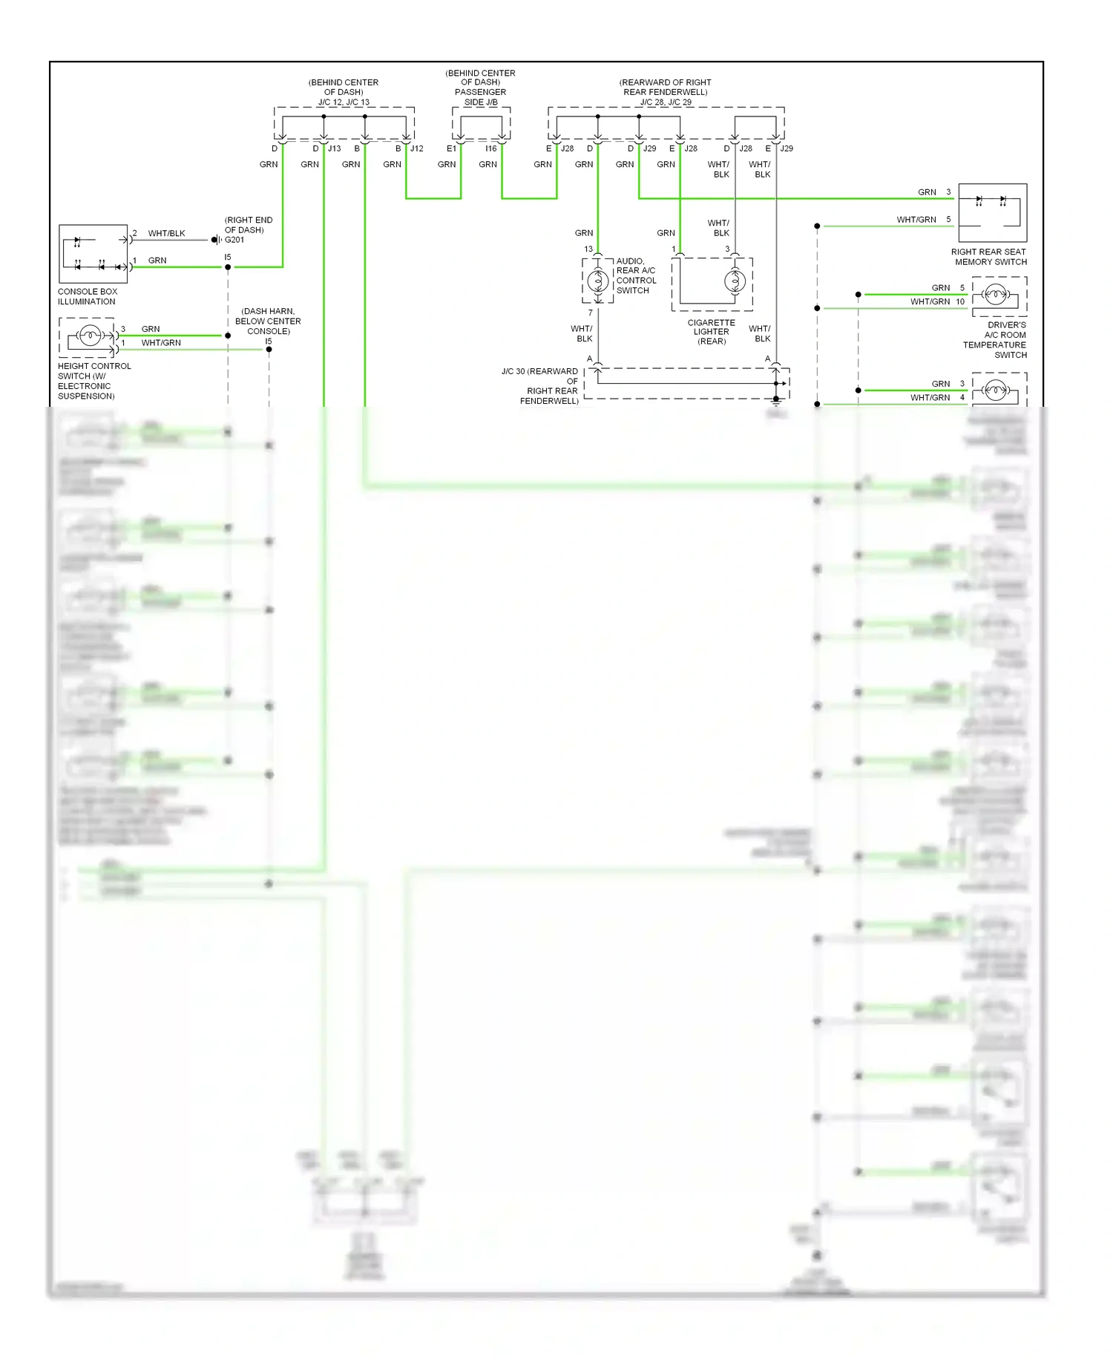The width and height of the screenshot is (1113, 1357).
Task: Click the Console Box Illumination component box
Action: [93, 254]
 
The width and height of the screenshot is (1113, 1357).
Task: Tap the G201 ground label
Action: [234, 240]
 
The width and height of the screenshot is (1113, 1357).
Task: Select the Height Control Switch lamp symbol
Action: [90, 336]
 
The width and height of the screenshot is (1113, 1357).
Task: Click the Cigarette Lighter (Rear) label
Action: [711, 332]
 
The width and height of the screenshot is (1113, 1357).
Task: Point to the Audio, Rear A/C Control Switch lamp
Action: [597, 281]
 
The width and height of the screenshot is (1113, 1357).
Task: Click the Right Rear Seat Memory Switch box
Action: [992, 212]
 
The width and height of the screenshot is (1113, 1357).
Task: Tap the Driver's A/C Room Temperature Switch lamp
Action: [996, 295]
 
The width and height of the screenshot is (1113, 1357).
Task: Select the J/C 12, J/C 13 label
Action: [344, 102]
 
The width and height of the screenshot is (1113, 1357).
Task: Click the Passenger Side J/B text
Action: [481, 97]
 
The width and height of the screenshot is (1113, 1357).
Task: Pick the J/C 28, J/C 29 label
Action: [666, 102]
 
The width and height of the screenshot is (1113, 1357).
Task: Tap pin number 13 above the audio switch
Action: [588, 249]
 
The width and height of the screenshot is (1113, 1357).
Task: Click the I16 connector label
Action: [491, 148]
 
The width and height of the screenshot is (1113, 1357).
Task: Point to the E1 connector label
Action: [451, 148]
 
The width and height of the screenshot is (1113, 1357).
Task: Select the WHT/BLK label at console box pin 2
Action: [166, 233]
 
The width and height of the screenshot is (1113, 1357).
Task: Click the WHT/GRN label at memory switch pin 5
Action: [916, 220]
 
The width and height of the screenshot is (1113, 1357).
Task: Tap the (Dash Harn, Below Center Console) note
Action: [268, 321]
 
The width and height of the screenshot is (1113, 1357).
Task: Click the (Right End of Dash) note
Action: [249, 225]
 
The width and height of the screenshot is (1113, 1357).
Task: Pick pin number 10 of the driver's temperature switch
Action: [960, 301]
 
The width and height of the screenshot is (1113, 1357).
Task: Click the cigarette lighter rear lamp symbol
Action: [735, 281]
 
